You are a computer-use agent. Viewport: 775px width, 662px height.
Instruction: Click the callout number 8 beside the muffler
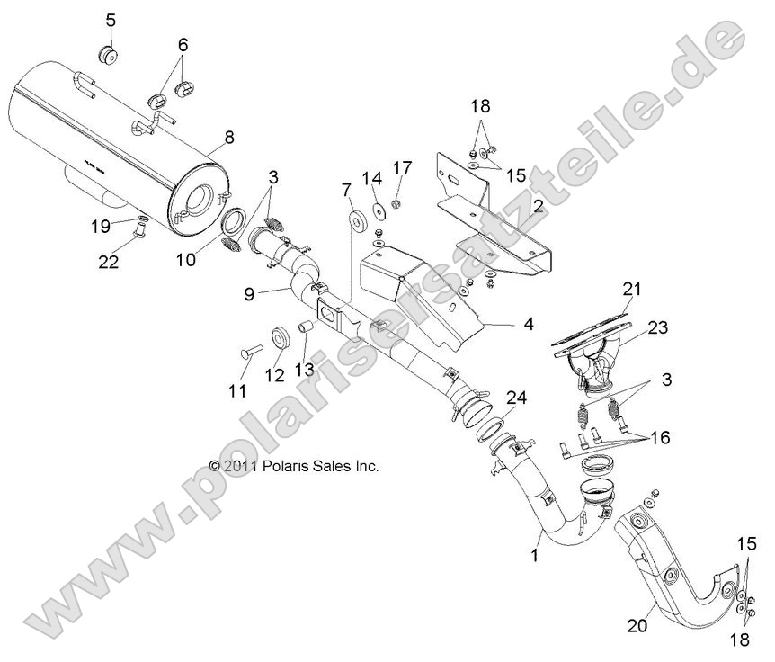[228, 138]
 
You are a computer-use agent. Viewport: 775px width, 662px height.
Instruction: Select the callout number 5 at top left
[111, 20]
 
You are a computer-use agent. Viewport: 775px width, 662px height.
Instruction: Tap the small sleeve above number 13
[303, 326]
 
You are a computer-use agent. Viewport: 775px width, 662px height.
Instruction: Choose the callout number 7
[345, 190]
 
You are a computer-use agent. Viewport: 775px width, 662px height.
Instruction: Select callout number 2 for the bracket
[538, 206]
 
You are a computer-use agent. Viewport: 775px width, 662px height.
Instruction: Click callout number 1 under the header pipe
[535, 558]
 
